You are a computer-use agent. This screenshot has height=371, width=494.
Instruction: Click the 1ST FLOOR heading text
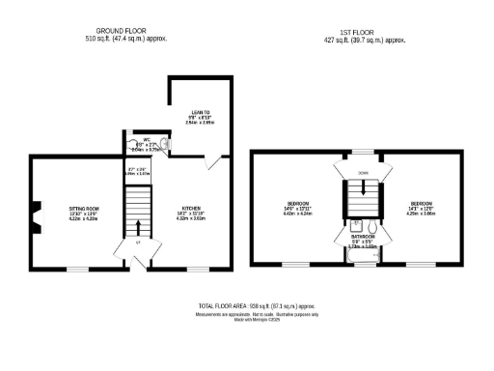pyautogui.click(x=364, y=32)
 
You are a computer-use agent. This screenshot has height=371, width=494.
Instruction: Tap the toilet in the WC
pyautogui.click(x=163, y=147)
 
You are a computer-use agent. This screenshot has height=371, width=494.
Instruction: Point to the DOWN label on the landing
pyautogui.click(x=363, y=173)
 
